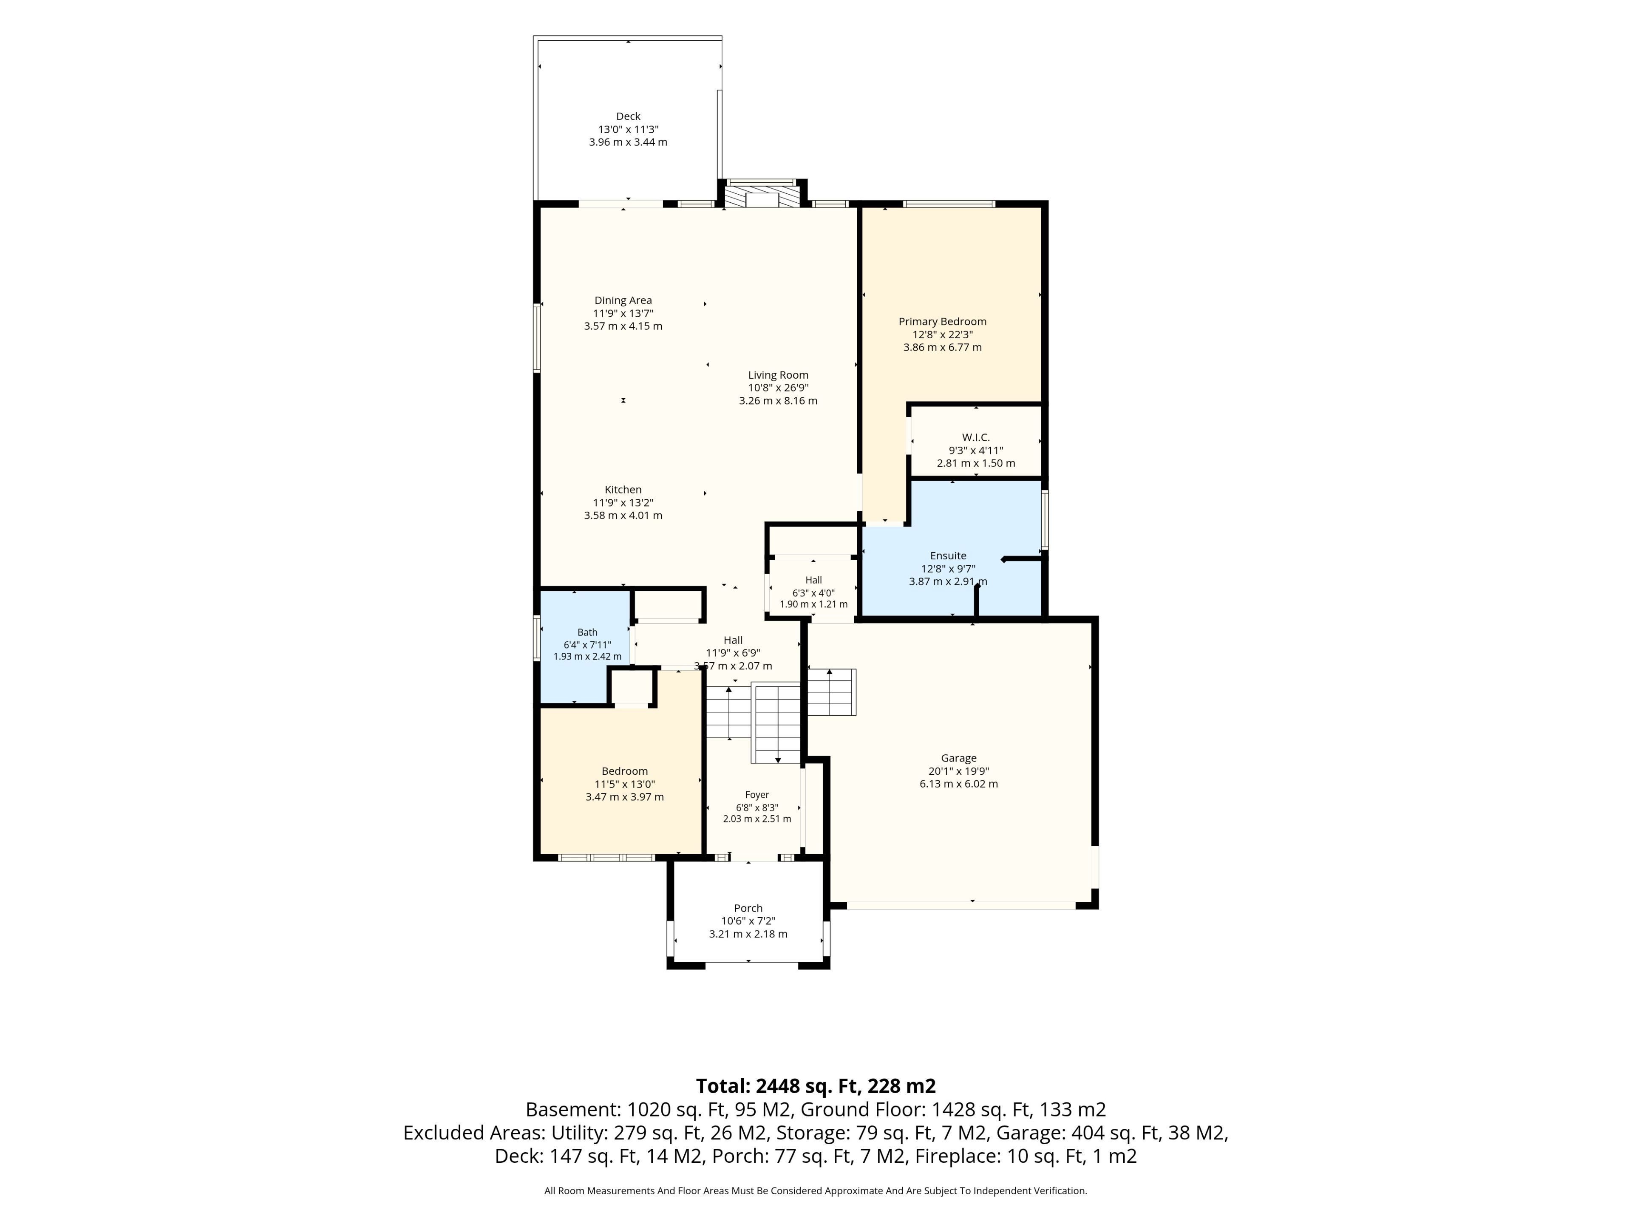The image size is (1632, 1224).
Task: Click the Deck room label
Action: tap(628, 116)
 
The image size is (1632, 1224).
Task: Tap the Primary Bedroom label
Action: tap(942, 322)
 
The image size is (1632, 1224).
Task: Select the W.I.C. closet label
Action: tap(975, 437)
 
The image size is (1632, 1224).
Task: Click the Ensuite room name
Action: tap(948, 555)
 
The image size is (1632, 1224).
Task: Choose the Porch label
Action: tap(748, 908)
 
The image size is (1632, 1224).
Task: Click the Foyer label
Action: tap(757, 795)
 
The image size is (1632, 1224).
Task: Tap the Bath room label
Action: tap(587, 632)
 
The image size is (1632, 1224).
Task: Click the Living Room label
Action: tap(778, 375)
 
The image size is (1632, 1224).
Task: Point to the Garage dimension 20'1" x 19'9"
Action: tap(958, 771)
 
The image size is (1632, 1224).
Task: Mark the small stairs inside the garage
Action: tap(831, 692)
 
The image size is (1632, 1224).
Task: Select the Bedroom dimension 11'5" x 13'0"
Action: tap(624, 784)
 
